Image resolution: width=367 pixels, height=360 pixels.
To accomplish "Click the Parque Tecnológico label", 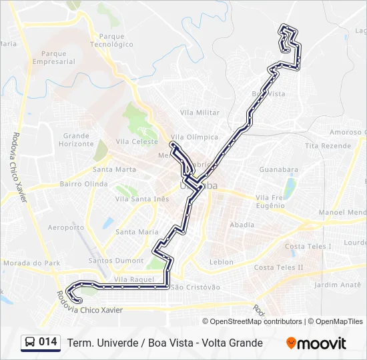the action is [111, 41].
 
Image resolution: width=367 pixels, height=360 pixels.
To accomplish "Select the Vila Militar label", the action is [200, 113].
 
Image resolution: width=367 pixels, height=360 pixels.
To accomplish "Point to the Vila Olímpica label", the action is [199, 137].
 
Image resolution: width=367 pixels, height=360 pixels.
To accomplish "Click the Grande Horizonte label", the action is [76, 140].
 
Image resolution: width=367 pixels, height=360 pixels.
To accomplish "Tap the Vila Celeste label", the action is [137, 141].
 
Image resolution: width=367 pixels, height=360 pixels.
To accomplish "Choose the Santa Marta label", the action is [115, 169].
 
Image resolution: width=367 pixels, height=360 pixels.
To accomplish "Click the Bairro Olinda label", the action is [83, 184].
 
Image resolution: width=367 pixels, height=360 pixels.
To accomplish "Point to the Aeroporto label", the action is [66, 227].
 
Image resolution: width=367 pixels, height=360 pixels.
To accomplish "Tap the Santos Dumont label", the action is [116, 261].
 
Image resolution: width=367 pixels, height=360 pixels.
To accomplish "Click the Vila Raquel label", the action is [134, 279].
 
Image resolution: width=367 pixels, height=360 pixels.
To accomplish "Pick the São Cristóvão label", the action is [196, 287].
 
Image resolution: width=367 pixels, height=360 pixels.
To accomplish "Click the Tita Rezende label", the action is [328, 145].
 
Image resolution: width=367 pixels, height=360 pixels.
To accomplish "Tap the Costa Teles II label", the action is [279, 267].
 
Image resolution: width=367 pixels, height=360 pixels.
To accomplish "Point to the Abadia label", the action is [242, 225].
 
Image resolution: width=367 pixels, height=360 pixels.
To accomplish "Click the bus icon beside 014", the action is [30, 343].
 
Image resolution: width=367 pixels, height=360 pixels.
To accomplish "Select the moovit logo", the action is [316, 343].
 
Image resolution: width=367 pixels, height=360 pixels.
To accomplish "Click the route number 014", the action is [47, 342].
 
